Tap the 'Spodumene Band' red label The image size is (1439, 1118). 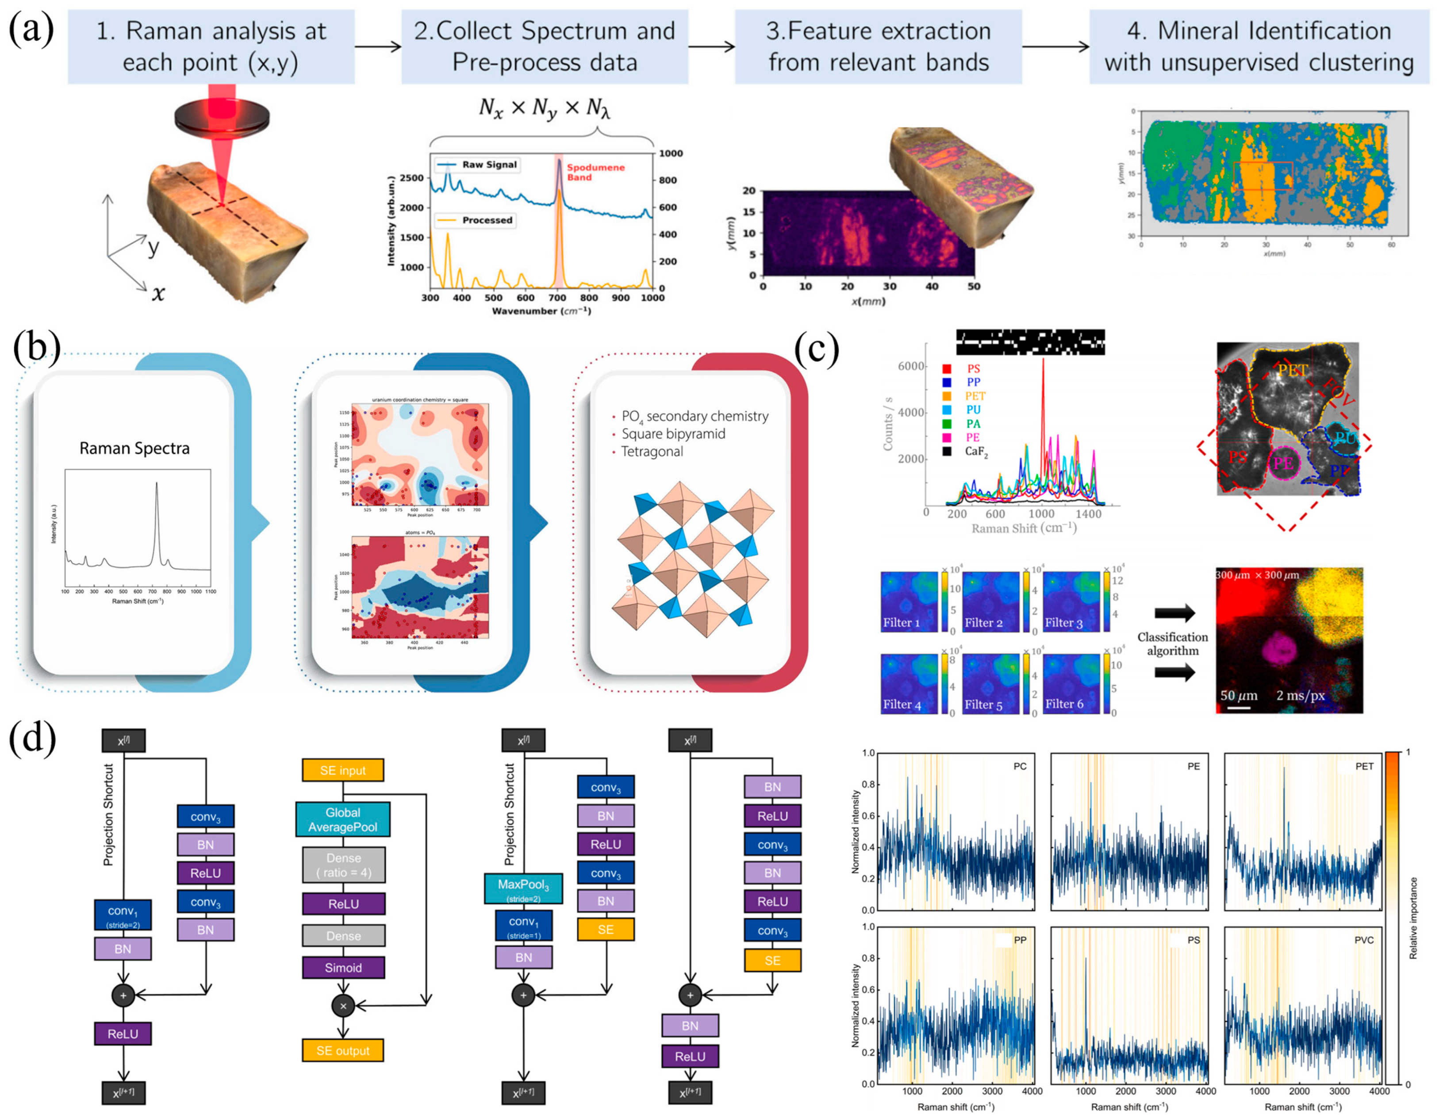coord(595,172)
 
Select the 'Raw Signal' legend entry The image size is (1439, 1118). coord(488,165)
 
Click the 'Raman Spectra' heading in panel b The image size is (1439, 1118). coord(134,448)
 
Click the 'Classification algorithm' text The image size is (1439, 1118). coord(1172,643)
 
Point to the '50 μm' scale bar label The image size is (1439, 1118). coord(1238,696)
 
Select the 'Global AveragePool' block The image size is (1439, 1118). coord(343,819)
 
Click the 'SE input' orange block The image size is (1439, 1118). coord(343,770)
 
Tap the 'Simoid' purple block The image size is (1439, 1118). coord(343,967)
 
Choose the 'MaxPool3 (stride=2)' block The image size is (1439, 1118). coord(523,889)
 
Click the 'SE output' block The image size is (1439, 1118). coord(343,1050)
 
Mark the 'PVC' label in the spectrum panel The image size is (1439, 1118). coord(1363,940)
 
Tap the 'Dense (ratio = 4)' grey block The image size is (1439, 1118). coord(343,864)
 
